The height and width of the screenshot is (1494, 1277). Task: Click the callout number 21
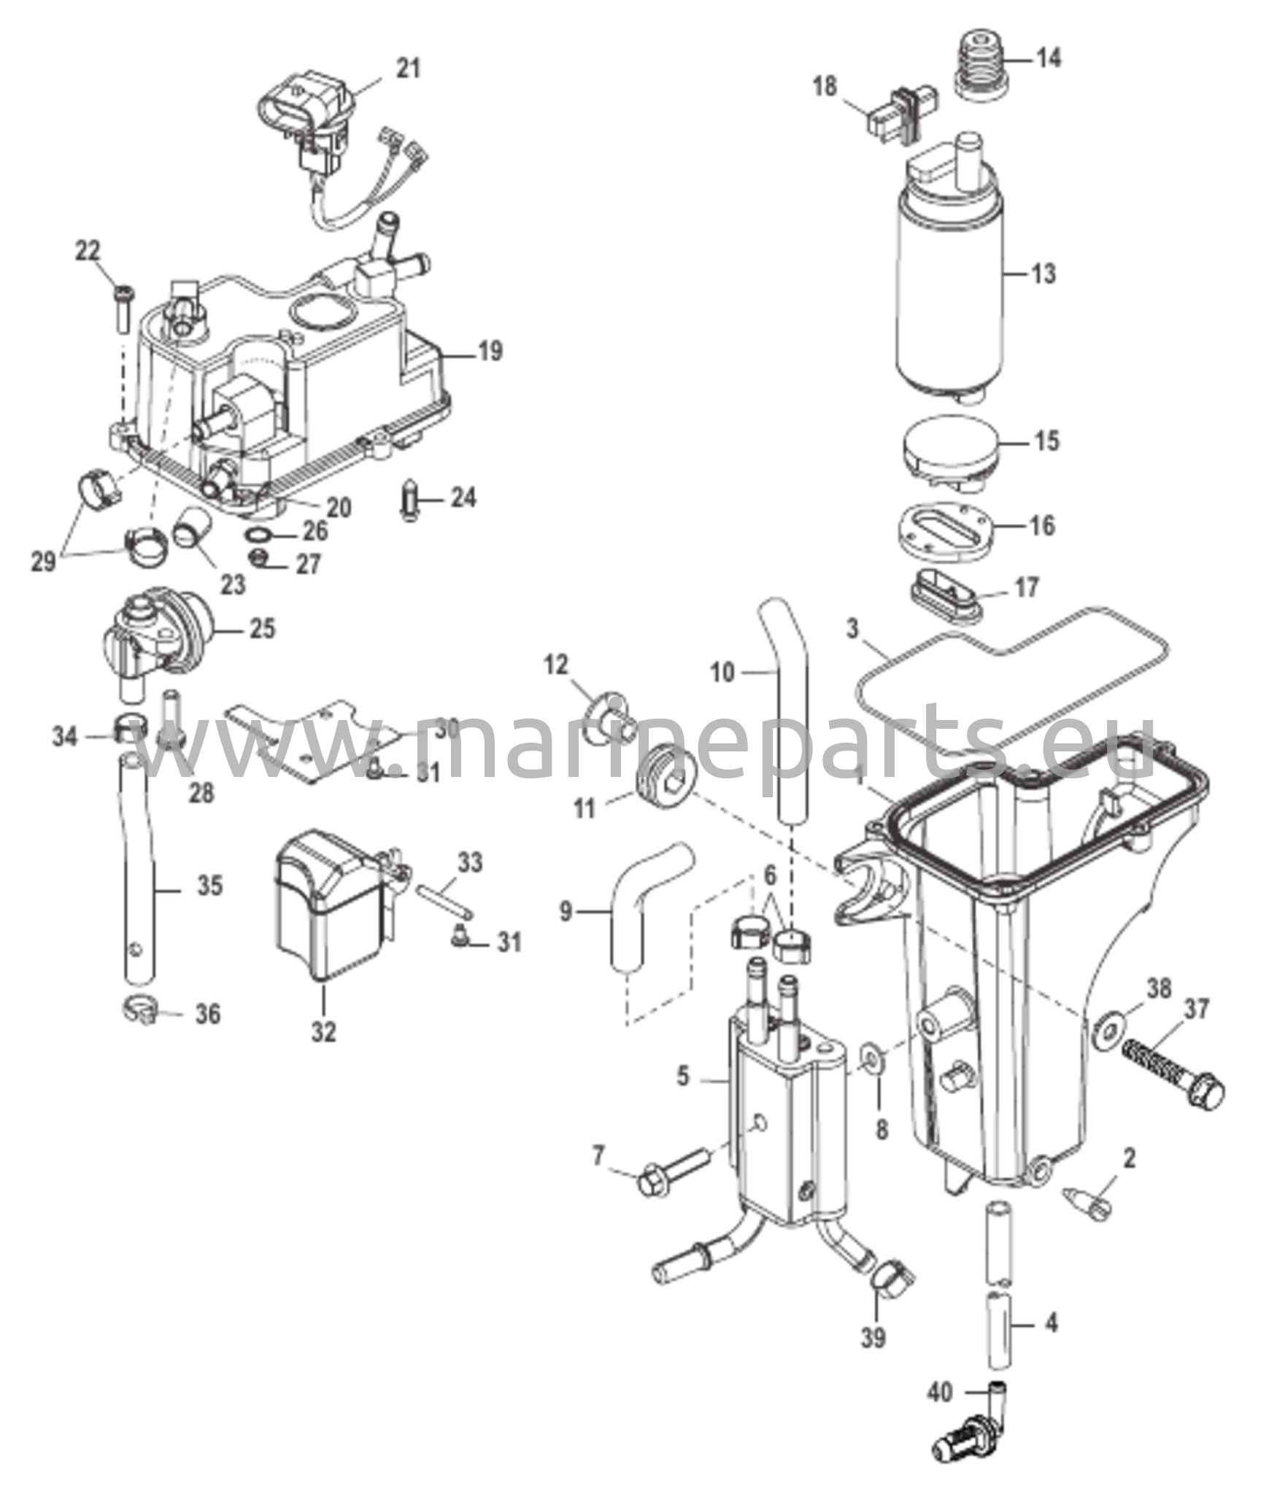pyautogui.click(x=409, y=69)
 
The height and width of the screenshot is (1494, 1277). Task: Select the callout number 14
pyautogui.click(x=1049, y=58)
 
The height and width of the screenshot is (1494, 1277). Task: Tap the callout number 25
pyautogui.click(x=263, y=629)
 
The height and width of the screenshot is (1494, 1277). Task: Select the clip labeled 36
pyautogui.click(x=139, y=1012)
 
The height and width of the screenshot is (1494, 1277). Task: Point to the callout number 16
pyautogui.click(x=1044, y=525)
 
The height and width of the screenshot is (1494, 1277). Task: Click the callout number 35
pyautogui.click(x=210, y=887)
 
